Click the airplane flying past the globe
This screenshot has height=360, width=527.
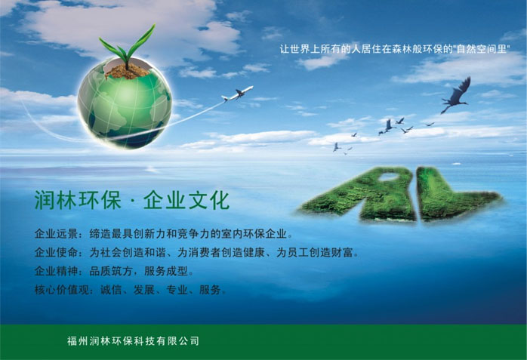pos(237,93)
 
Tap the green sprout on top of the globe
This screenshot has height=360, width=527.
pos(128,47)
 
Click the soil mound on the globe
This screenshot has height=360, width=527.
pos(126,71)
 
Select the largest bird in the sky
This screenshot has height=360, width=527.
pos(456,95)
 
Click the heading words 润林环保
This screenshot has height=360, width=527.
pos(78,201)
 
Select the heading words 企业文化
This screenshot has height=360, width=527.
pos(186,201)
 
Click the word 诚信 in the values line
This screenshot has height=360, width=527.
pos(111,290)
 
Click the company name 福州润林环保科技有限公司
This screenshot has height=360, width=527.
pos(133,341)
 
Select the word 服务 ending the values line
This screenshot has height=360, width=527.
pos(210,290)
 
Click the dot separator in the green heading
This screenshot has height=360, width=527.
pos(132,202)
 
